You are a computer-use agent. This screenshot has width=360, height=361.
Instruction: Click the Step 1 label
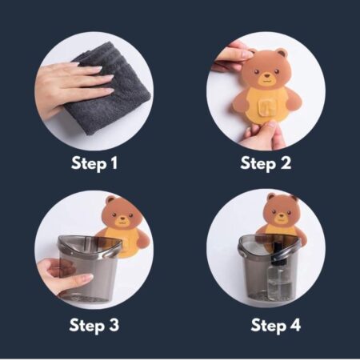(94, 163)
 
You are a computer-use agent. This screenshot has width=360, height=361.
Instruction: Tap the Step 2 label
(266, 163)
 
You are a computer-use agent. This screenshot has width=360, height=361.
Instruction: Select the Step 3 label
(94, 326)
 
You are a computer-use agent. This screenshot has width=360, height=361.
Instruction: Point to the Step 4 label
(276, 326)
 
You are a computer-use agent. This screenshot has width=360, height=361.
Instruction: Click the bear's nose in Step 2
(266, 76)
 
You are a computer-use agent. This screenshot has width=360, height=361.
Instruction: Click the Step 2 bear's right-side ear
(282, 54)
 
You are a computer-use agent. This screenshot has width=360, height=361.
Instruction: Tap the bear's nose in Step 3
(122, 218)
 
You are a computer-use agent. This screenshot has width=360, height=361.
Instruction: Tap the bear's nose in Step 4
(281, 215)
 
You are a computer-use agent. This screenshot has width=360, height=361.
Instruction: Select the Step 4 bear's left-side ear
(271, 198)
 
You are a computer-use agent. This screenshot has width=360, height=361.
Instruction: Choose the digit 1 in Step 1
(114, 162)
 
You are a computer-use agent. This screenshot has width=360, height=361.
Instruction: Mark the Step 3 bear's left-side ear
(110, 201)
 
